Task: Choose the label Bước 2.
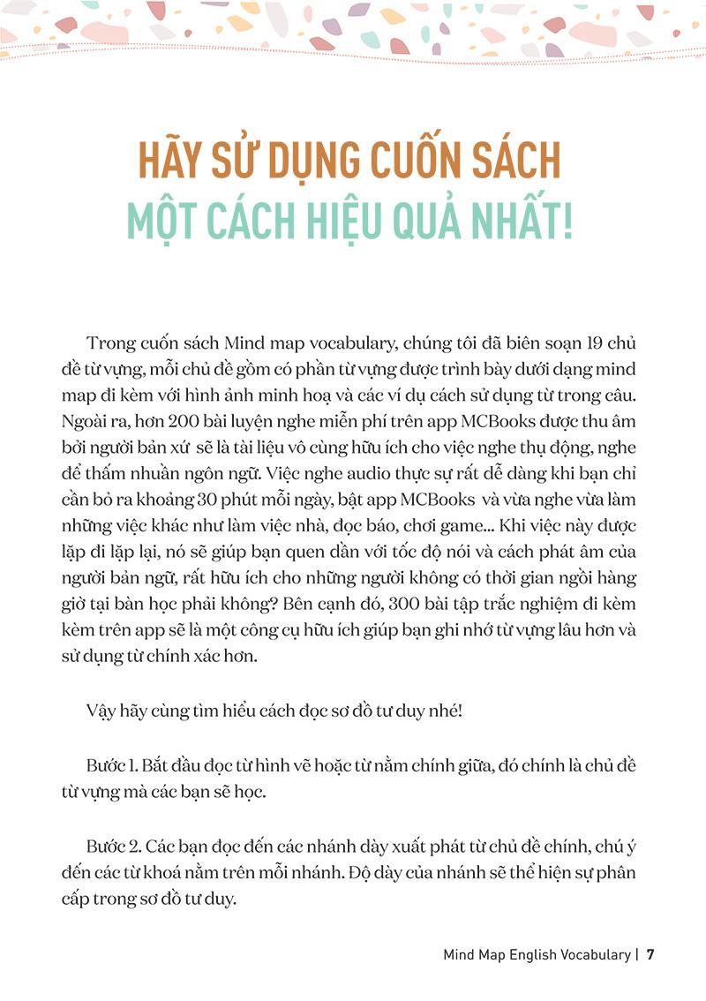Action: click(x=110, y=848)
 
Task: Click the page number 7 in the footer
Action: click(x=650, y=954)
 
